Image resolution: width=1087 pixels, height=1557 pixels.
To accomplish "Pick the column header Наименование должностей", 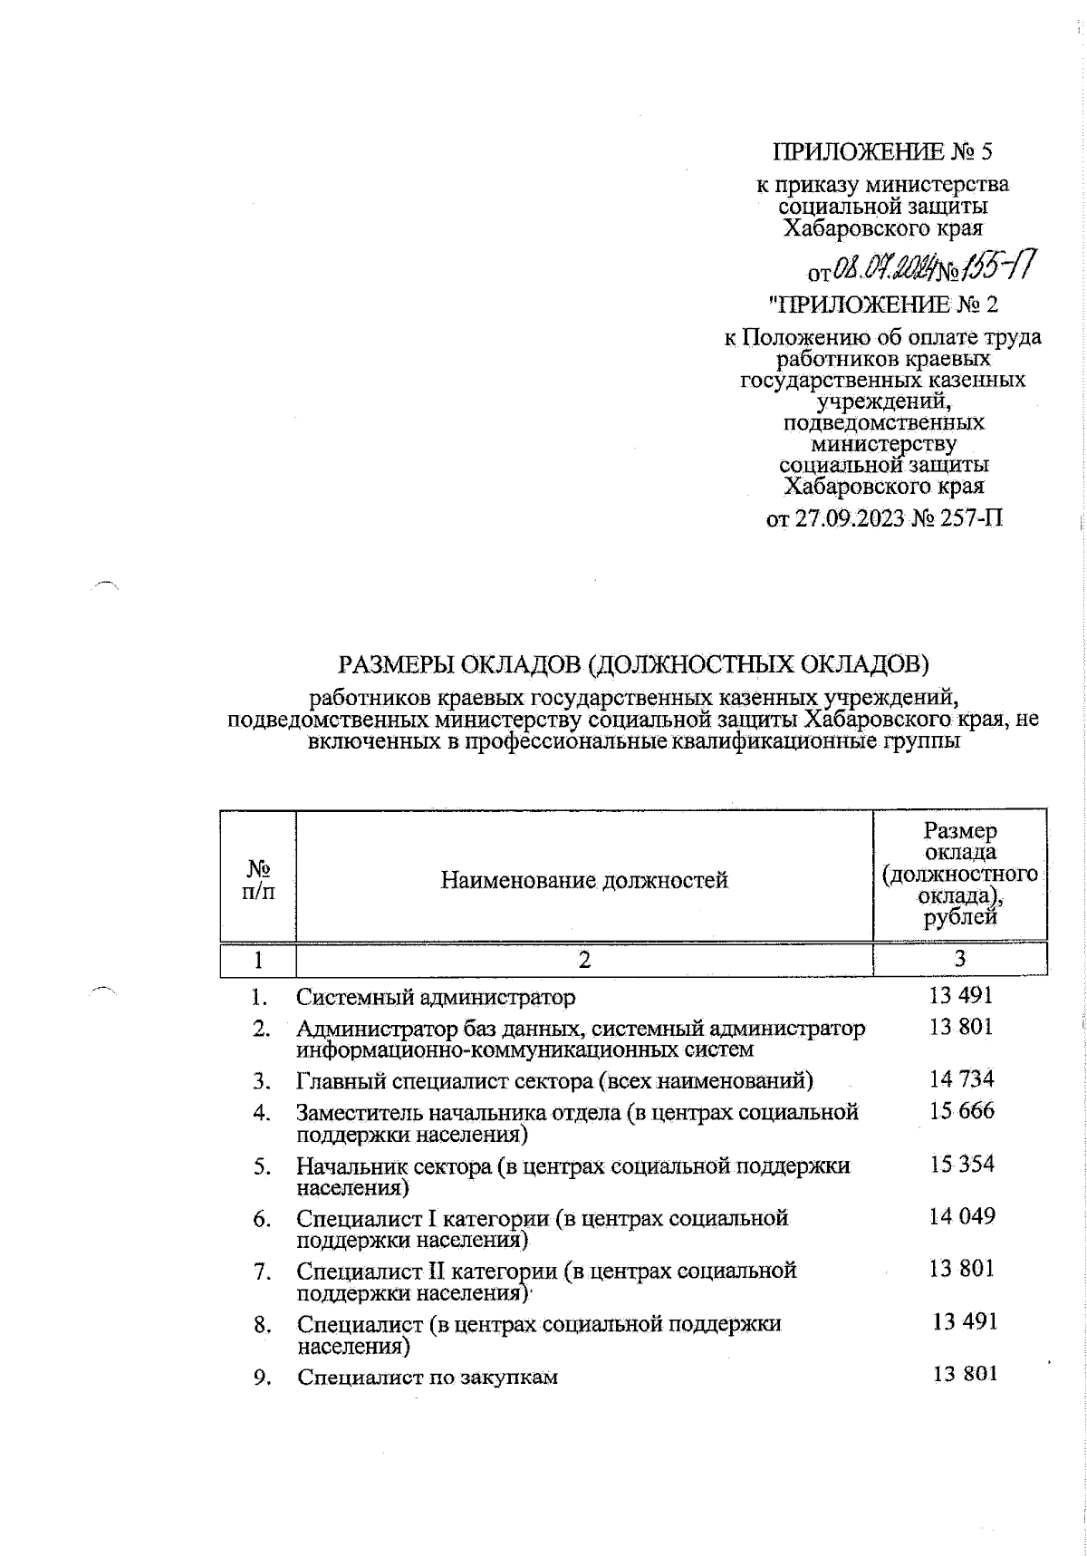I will coord(584,879).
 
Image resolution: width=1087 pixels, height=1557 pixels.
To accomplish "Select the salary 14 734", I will coord(961,1078).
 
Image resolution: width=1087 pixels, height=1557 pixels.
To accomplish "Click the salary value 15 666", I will coord(961,1110).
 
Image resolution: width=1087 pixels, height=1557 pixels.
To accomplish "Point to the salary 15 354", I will coord(961,1164).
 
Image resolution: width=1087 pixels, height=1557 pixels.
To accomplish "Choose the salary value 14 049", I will coord(961,1216).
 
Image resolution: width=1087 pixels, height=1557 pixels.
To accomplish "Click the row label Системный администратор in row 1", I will coord(436,998).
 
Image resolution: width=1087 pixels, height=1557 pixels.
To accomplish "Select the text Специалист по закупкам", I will coord(428,1378).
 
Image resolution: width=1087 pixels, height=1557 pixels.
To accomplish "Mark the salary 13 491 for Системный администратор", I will coord(961,995).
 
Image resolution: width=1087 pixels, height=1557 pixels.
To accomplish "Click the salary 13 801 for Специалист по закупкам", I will coord(965,1374).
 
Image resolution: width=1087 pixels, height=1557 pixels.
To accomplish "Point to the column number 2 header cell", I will coord(584,960).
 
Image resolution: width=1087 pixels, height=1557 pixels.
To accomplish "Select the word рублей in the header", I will coord(959,918).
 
